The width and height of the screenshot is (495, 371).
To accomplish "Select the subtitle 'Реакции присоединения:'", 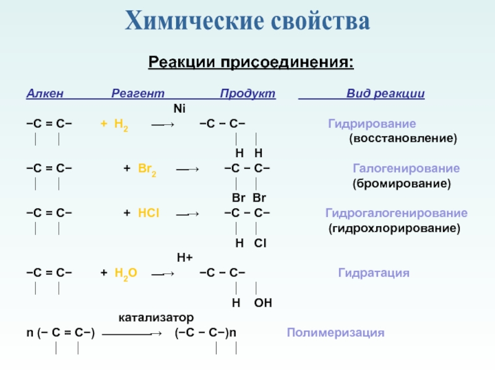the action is [251, 62].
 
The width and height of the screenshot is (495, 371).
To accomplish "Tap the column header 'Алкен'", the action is [43, 94].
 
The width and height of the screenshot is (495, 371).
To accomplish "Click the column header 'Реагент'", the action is [138, 94].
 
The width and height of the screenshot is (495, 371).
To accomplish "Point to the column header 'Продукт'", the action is [247, 94].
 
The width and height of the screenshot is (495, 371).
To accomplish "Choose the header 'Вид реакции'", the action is [385, 94].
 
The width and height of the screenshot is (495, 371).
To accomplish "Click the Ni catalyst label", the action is [179, 109].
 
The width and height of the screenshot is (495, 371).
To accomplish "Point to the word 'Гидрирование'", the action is [371, 124].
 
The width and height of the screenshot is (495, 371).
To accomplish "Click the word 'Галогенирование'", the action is [406, 168].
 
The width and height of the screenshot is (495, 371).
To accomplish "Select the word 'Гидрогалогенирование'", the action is [396, 213].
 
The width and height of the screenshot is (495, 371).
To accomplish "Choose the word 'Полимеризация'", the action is [335, 333].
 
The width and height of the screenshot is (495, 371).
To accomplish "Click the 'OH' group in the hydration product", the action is [262, 303].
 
